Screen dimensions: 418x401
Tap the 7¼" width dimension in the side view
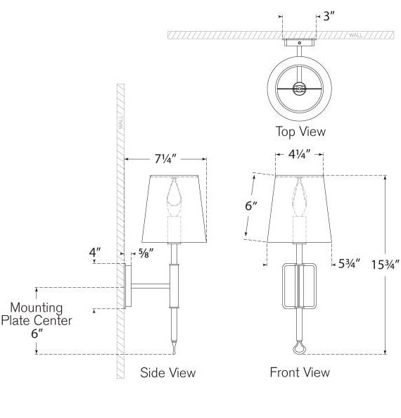coord(166,159)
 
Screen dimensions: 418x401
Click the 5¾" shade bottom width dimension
coord(349,265)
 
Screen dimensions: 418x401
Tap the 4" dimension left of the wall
coord(95,252)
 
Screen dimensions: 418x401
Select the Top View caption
coord(300,132)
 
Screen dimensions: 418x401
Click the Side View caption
coord(167,372)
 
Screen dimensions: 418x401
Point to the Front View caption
coord(300,372)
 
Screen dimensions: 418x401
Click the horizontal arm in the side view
coord(151,286)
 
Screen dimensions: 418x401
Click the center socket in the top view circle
coord(300,89)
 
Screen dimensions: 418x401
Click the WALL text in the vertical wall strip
coord(120,112)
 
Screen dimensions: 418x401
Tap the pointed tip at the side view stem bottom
coord(172,347)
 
